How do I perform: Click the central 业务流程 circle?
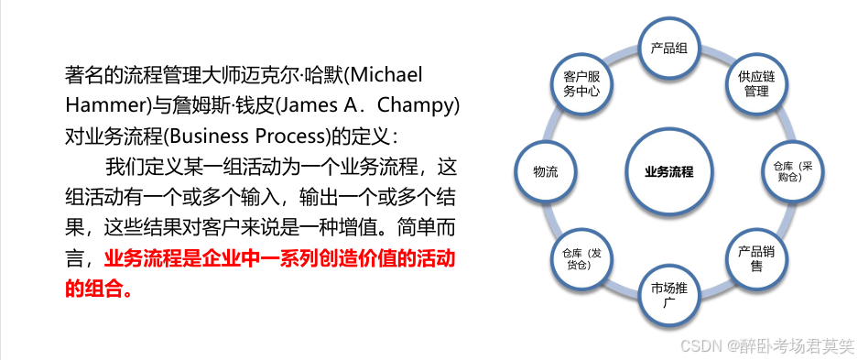pyautogui.click(x=668, y=171)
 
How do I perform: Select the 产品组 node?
pyautogui.click(x=668, y=48)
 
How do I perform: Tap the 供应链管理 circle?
pyautogui.click(x=755, y=83)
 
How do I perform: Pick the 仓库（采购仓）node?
pyautogui.click(x=789, y=171)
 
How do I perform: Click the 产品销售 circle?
pyautogui.click(x=755, y=258)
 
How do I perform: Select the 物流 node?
pyautogui.click(x=547, y=171)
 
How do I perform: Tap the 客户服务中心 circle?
pyautogui.click(x=581, y=83)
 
